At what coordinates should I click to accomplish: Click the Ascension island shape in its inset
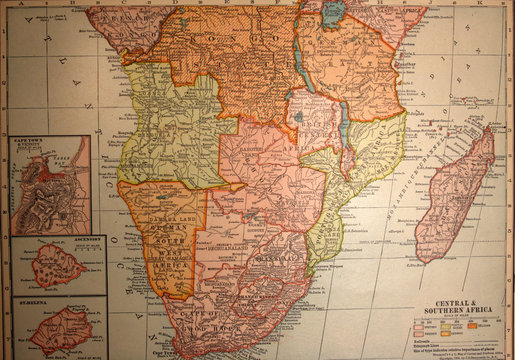(x=54, y=267)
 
